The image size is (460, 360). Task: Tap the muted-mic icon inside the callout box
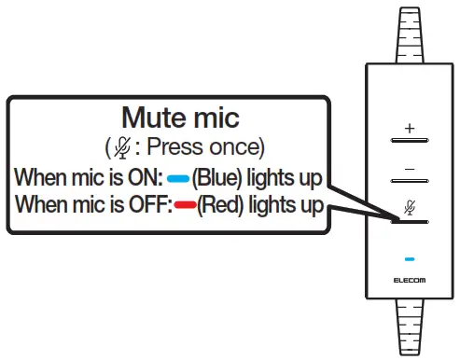121,147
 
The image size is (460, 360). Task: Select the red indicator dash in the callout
184,203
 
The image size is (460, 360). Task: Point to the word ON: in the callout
145,176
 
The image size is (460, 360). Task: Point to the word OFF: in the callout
148,203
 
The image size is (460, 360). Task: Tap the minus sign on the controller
408,168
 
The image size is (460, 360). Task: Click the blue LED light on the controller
408,257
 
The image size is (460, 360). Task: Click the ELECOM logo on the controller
408,279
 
